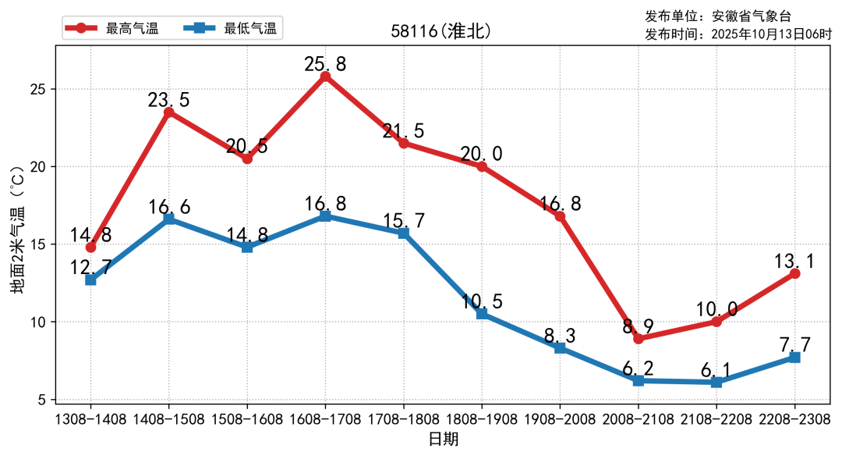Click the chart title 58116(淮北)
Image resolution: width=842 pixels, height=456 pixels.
441,31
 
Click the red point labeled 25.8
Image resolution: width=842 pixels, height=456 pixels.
325,77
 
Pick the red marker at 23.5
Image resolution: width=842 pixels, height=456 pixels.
168,112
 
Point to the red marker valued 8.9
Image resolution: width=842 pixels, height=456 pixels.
638,339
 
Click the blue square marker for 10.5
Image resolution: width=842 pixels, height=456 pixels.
482,314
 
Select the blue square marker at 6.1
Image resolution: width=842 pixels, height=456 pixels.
716,382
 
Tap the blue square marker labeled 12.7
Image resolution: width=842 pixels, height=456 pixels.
90,280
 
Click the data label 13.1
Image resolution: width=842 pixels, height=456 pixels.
794,261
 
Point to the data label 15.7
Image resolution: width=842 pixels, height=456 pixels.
404,221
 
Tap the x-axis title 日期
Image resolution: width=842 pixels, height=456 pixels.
443,439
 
